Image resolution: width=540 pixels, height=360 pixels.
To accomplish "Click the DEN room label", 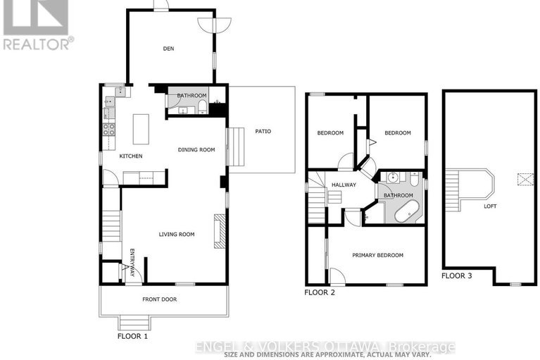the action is pyautogui.click(x=168, y=49).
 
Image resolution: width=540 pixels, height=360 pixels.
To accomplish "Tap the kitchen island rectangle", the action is pyautogui.click(x=141, y=129).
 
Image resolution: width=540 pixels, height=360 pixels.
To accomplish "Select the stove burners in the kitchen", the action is pyautogui.click(x=109, y=130).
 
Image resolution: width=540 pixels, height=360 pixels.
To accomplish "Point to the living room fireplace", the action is pyautogui.click(x=220, y=231).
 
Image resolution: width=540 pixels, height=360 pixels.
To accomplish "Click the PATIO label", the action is pyautogui.click(x=263, y=131).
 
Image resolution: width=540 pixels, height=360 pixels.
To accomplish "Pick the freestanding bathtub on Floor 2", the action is pyautogui.click(x=406, y=211).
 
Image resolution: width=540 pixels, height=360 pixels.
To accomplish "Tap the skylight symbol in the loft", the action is pyautogui.click(x=525, y=180).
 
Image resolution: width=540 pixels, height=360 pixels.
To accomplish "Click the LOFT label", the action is pyautogui.click(x=490, y=206).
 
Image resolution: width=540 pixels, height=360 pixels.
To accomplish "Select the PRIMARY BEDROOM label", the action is pyautogui.click(x=377, y=255).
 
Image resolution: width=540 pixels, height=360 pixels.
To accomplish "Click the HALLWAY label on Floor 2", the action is pyautogui.click(x=344, y=185).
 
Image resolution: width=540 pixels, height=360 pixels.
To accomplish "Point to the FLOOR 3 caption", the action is pyautogui.click(x=457, y=275).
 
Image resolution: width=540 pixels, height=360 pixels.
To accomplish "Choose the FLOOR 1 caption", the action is pyautogui.click(x=132, y=336).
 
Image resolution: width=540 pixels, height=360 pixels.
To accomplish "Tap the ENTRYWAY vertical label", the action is pyautogui.click(x=132, y=263).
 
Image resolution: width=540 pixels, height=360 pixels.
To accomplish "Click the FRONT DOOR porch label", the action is pyautogui.click(x=159, y=299).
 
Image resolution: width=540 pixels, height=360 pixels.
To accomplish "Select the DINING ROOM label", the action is pyautogui.click(x=196, y=149).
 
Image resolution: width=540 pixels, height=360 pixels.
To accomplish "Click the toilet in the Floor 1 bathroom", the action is pyautogui.click(x=203, y=107).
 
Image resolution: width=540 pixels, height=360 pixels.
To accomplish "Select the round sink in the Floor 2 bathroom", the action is pyautogui.click(x=393, y=178).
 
